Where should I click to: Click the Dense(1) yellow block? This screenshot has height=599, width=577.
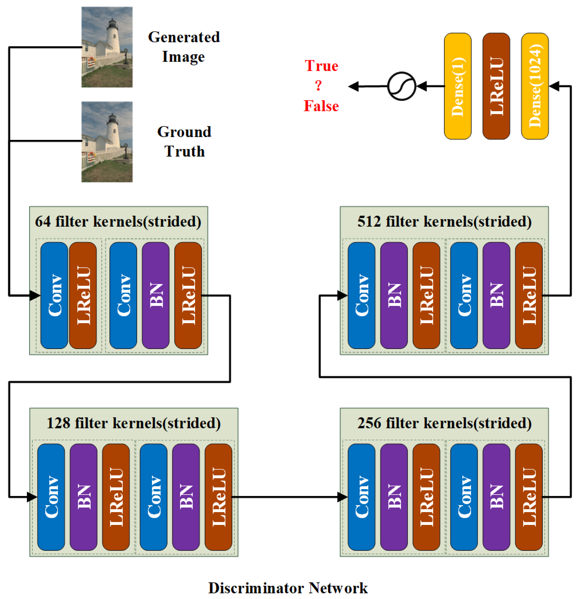[457, 86]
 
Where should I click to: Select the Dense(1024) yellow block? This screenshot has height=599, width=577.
[535, 86]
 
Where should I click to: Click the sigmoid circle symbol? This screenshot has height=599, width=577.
[401, 86]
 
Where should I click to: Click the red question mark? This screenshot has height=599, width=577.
[318, 86]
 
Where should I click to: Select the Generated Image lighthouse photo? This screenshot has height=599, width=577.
[107, 47]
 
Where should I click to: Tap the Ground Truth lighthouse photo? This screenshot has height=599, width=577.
[107, 142]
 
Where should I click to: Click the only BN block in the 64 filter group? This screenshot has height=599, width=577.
[155, 295]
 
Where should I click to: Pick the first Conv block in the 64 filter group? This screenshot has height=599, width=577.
[54, 295]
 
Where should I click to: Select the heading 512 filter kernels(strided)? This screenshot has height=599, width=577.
[444, 222]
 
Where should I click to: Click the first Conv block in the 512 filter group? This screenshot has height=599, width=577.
[361, 295]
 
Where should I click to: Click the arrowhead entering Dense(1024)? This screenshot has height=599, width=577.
[554, 86]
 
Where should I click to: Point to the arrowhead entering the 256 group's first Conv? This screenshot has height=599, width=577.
[342, 497]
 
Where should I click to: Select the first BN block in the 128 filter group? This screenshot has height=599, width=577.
[83, 497]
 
